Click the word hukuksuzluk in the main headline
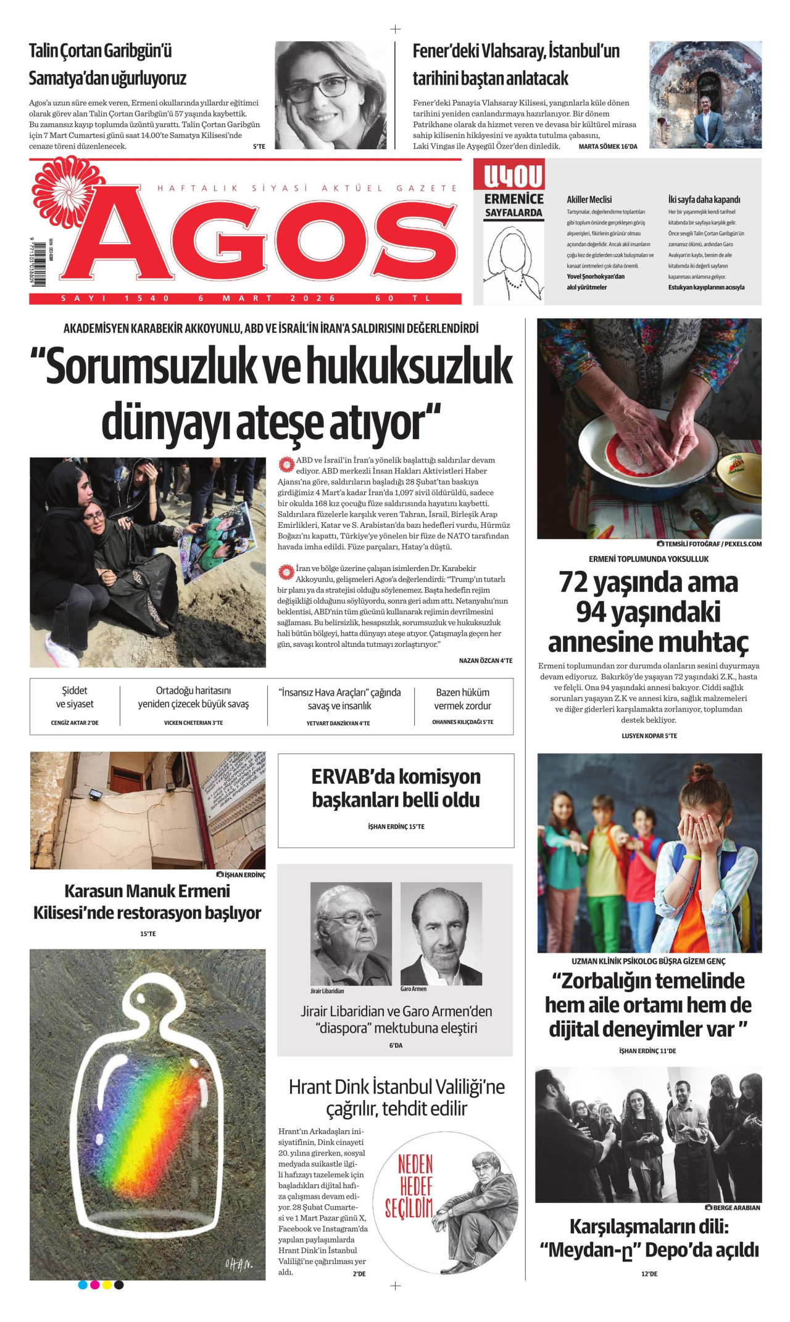(x=409, y=367)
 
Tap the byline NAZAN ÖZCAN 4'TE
(x=485, y=660)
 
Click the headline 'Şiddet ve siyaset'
(x=75, y=697)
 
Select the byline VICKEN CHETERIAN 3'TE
(x=193, y=723)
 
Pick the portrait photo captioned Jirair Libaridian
(x=351, y=934)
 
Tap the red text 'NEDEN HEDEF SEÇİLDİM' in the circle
(x=409, y=1186)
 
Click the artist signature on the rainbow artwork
(x=238, y=1264)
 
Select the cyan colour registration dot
(x=83, y=1285)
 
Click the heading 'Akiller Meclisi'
(x=589, y=200)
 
